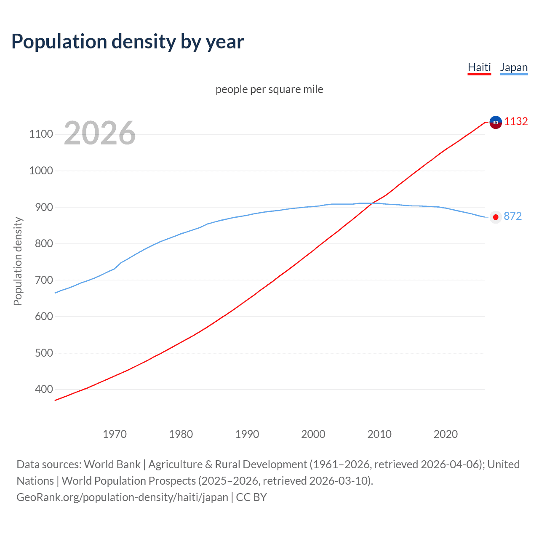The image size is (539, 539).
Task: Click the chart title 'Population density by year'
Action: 128,42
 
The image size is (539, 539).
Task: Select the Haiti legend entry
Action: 479,68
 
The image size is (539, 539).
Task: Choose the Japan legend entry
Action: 513,68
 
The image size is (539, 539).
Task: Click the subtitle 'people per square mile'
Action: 269,90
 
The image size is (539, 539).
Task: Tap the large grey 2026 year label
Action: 100,133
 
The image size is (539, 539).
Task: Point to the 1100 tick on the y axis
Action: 41,134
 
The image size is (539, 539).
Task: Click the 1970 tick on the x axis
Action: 115,434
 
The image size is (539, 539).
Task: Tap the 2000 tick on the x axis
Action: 313,434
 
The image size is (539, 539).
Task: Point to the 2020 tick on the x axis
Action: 446,434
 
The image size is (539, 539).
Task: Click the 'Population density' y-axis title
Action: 18,261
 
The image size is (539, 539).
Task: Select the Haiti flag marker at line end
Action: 496,122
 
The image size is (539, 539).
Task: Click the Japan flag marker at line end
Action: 496,217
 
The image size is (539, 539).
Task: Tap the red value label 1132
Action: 516,122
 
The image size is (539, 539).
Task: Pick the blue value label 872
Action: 512,216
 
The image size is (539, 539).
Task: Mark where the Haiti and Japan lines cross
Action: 373,203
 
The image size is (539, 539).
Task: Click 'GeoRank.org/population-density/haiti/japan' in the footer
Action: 122,497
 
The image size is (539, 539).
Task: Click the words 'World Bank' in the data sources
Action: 112,464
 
